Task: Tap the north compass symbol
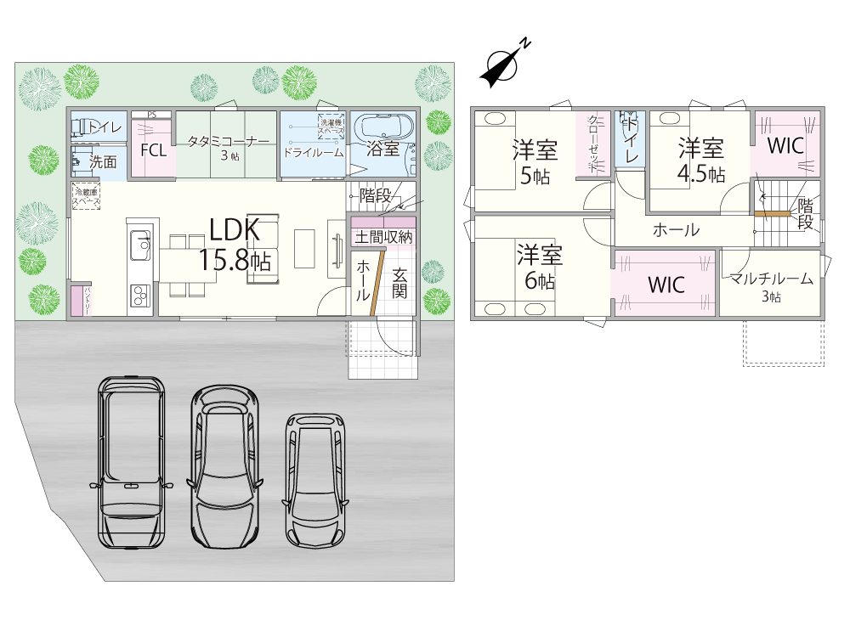pos(504,65)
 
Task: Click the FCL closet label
pos(153,151)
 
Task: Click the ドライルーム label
pos(313,153)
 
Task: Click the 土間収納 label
pos(383,237)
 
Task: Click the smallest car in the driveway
pos(317,481)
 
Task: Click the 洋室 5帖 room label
pos(535,163)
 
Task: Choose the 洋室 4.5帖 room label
pos(701,160)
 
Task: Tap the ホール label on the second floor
pos(676,229)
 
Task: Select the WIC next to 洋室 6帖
pos(666,285)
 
